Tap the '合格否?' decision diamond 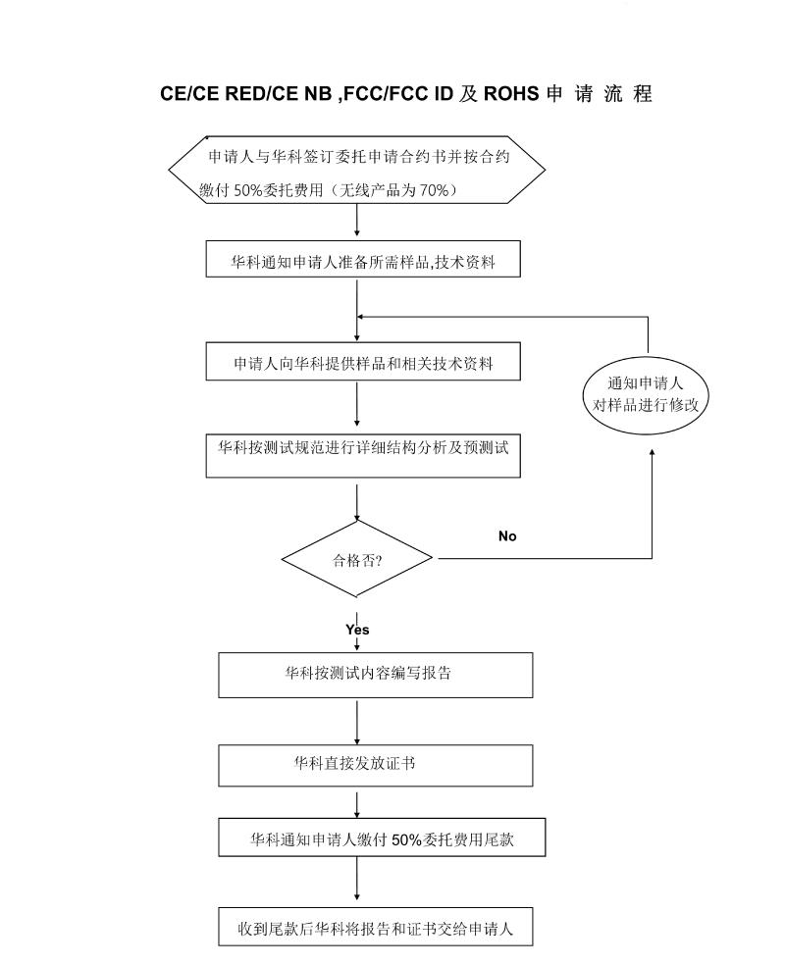(x=357, y=560)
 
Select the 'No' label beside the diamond (x=507, y=536)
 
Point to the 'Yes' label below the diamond (x=357, y=630)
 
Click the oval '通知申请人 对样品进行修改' (x=646, y=393)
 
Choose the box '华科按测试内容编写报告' (x=376, y=675)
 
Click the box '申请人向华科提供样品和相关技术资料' (x=363, y=363)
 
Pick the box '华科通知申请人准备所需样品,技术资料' (x=363, y=261)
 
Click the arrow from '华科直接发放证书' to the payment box (x=357, y=802)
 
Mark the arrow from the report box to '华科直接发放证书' (x=357, y=721)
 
